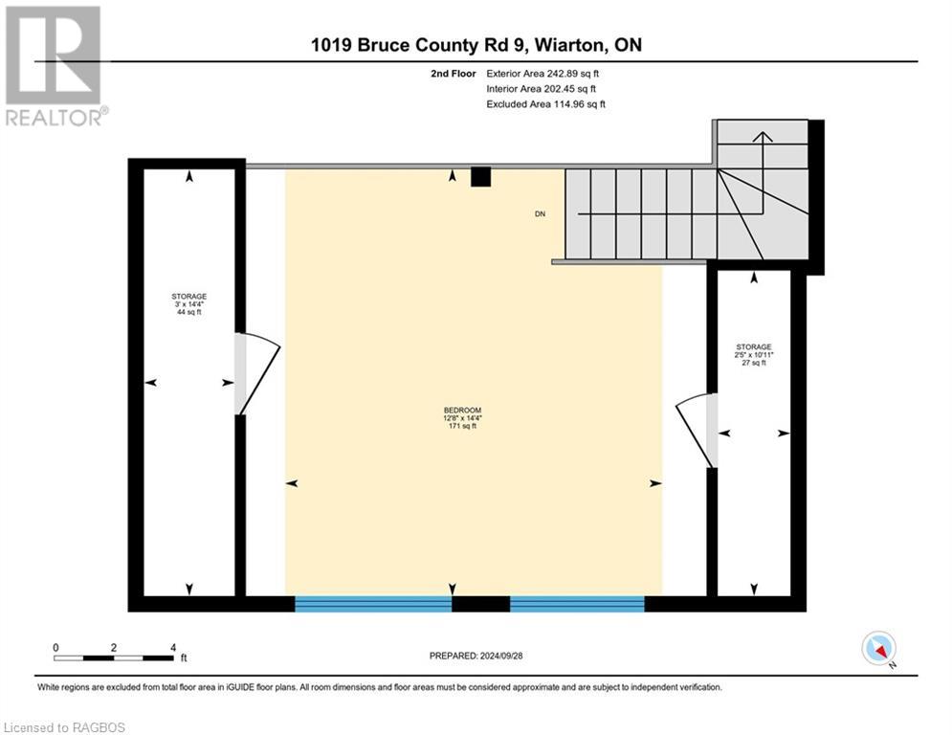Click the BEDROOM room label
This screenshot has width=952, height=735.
click(x=462, y=418)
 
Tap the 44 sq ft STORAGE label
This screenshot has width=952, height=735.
click(x=188, y=304)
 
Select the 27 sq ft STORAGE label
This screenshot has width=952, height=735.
click(x=753, y=355)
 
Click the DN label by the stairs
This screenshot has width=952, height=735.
click(x=540, y=213)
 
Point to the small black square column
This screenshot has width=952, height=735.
click(x=481, y=177)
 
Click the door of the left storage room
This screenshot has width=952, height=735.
click(x=257, y=373)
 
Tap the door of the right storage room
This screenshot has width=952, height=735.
click(x=697, y=431)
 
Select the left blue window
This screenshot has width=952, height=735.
click(x=373, y=603)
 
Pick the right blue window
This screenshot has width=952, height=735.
click(x=577, y=603)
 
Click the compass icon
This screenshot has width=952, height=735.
click(x=878, y=648)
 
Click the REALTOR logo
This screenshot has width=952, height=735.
click(x=55, y=66)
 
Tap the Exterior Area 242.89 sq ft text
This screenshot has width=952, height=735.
click(x=542, y=74)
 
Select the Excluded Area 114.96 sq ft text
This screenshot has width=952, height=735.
click(x=545, y=104)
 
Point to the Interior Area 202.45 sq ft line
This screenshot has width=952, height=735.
click(x=541, y=89)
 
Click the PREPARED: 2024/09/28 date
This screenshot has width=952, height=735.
click(x=476, y=656)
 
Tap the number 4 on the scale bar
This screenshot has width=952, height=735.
click(x=173, y=648)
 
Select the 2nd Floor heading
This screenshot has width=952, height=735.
click(x=454, y=74)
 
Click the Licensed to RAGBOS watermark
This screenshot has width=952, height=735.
click(x=64, y=727)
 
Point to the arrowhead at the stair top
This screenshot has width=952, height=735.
click(x=763, y=137)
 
